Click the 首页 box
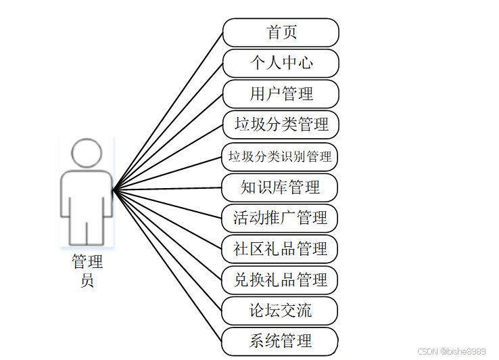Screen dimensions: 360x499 (x=281, y=32)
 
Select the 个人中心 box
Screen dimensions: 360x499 (x=281, y=63)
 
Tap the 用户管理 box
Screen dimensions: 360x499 (x=281, y=93)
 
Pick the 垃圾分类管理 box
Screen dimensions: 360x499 (x=281, y=125)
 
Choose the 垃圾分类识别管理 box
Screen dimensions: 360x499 (x=280, y=156)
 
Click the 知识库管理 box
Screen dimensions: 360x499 (x=280, y=187)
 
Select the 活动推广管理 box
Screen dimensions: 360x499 (x=280, y=218)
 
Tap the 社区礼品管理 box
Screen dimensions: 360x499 (x=280, y=249)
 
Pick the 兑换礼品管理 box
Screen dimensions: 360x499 (x=280, y=279)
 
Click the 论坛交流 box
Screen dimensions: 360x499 (x=280, y=311)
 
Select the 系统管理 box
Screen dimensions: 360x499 (x=280, y=341)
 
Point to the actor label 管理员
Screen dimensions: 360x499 (x=87, y=271)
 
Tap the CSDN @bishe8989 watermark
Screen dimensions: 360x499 (x=451, y=351)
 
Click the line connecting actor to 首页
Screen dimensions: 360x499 (x=168, y=111)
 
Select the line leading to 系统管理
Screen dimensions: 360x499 (x=168, y=264)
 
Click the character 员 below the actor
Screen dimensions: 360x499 (x=87, y=279)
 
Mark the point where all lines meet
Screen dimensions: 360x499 (x=114, y=190)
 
